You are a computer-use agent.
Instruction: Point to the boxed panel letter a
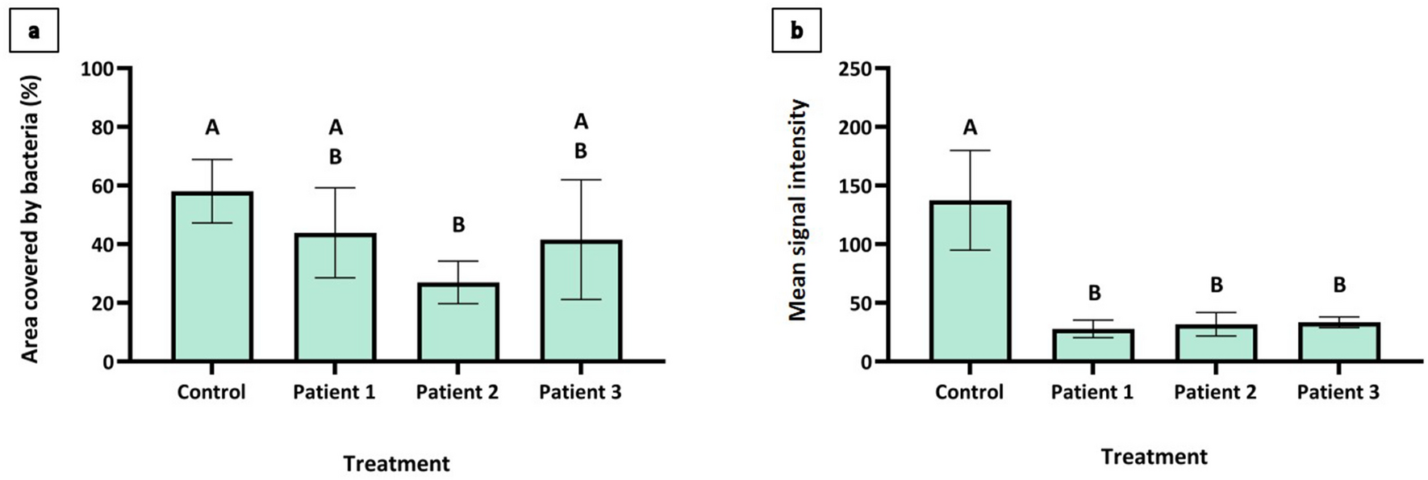pyautogui.click(x=34, y=31)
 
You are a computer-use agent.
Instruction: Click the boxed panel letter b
pyautogui.click(x=796, y=31)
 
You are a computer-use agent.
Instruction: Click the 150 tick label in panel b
pyautogui.click(x=855, y=186)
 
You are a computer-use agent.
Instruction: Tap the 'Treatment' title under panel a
pyautogui.click(x=396, y=464)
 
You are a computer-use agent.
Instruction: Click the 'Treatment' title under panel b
pyautogui.click(x=1154, y=457)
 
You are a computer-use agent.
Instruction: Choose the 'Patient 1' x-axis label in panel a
pyautogui.click(x=334, y=393)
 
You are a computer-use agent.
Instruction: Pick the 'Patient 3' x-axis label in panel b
pyautogui.click(x=1338, y=393)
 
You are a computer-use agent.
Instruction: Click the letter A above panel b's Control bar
pyautogui.click(x=970, y=127)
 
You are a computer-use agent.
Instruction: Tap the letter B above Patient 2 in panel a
pyautogui.click(x=458, y=225)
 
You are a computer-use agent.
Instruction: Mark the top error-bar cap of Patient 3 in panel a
pyautogui.click(x=581, y=180)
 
